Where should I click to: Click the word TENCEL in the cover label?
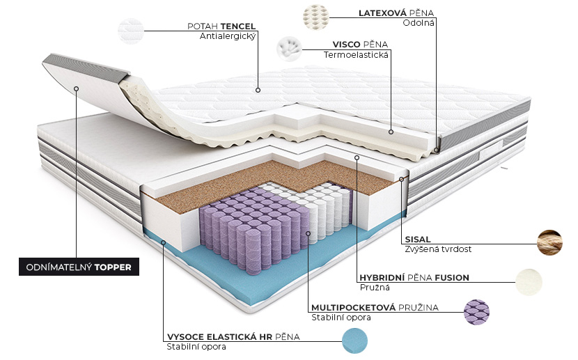[237, 26]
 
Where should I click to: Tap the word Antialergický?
[228, 36]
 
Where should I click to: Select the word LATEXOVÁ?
[382, 13]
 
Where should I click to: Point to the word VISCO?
[347, 45]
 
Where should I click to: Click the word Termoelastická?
[356, 55]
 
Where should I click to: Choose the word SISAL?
[418, 239]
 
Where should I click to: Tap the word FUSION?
[452, 277]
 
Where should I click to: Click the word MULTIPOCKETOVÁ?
[353, 307]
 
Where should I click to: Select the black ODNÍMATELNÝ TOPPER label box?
[79, 267]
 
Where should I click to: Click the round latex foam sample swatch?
[315, 17]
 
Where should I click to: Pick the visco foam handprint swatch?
[290, 49]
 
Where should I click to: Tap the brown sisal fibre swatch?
[549, 242]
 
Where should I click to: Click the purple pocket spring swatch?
[476, 312]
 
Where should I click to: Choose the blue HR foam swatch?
[354, 341]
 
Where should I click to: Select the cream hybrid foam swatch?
[529, 282]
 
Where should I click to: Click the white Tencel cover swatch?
[131, 31]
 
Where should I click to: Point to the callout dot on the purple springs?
[308, 233]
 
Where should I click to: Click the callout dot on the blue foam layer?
[163, 242]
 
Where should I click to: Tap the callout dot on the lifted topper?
[77, 89]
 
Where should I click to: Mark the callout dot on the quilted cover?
[258, 90]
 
